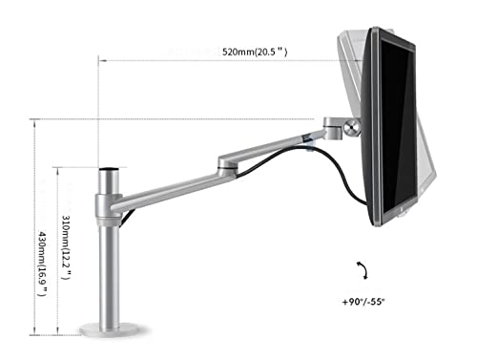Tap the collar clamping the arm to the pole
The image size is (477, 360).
pos(107,203)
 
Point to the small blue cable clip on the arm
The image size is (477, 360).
pos(311,144)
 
